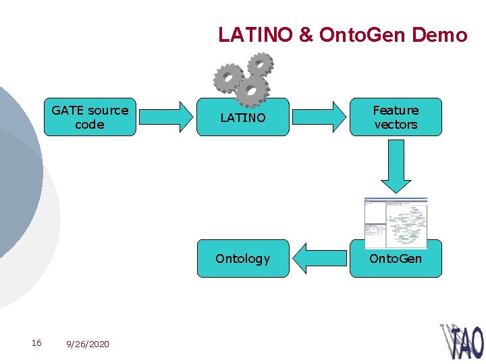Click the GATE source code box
point(90,117)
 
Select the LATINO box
point(243,117)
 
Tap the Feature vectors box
point(396,117)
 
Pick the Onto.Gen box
point(396,259)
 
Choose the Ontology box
point(243,259)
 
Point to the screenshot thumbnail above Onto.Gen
point(396,222)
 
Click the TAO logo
point(463,341)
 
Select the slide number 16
point(36,343)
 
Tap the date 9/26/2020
point(87,344)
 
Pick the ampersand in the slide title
point(306,35)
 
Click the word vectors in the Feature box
point(396,125)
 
